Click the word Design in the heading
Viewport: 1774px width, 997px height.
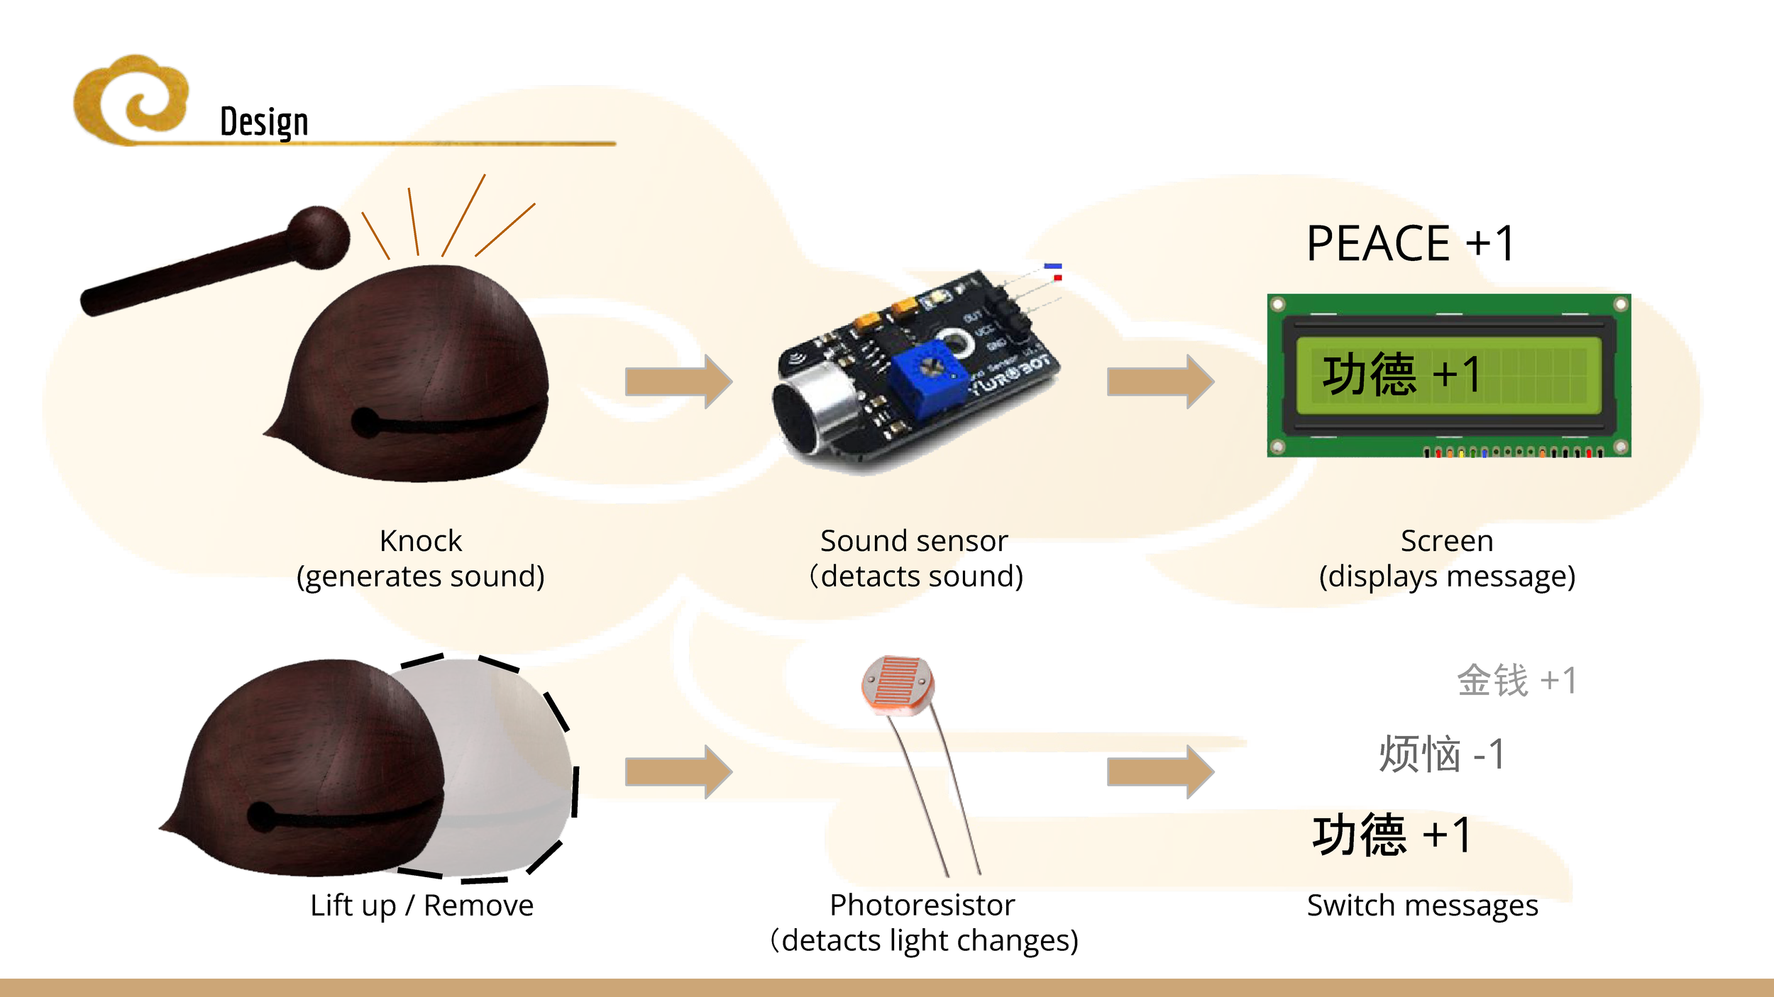pyautogui.click(x=264, y=122)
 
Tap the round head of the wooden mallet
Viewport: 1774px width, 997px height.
pyautogui.click(x=319, y=238)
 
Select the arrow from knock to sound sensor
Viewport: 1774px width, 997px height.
pyautogui.click(x=678, y=381)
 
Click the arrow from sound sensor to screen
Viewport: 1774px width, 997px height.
pyautogui.click(x=1160, y=381)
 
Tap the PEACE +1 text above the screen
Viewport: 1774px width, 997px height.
pyautogui.click(x=1410, y=243)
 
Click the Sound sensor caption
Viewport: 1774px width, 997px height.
pyautogui.click(x=914, y=541)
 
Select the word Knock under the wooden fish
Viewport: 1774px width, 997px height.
pyautogui.click(x=421, y=541)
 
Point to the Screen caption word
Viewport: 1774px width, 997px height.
pyautogui.click(x=1447, y=541)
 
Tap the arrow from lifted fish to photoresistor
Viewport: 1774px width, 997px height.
pyautogui.click(x=678, y=772)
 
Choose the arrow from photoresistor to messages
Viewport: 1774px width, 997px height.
pyautogui.click(x=1160, y=772)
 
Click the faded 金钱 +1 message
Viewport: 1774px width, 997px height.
pyautogui.click(x=1516, y=681)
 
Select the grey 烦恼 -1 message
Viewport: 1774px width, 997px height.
pyautogui.click(x=1441, y=754)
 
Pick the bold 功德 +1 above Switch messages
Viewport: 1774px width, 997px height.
pyautogui.click(x=1392, y=835)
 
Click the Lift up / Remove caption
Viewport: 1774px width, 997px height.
pyautogui.click(x=422, y=906)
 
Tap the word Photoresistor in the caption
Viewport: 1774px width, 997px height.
pyautogui.click(x=922, y=906)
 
